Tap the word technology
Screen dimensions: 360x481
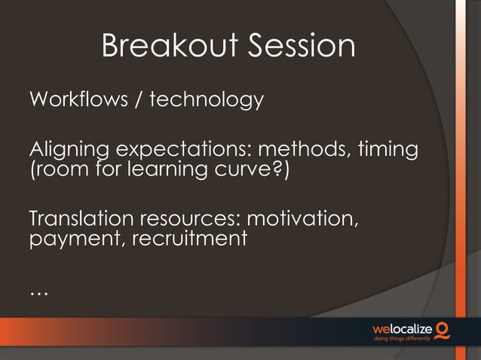pyautogui.click(x=207, y=99)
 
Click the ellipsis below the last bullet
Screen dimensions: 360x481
pyautogui.click(x=38, y=291)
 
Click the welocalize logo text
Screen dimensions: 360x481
pyautogui.click(x=404, y=329)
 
